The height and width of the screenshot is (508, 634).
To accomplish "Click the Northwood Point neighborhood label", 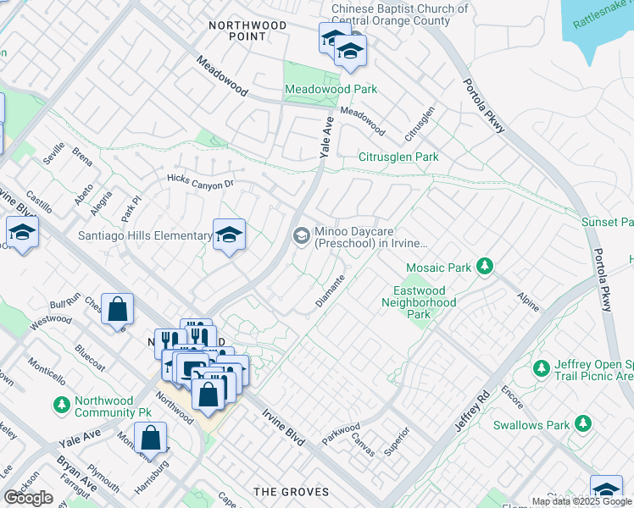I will click(x=247, y=30).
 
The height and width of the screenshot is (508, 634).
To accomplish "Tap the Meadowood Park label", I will click(x=331, y=89).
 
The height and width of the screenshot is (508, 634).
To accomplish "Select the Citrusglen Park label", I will click(x=398, y=157).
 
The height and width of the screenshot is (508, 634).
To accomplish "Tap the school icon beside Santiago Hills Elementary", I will click(x=228, y=235).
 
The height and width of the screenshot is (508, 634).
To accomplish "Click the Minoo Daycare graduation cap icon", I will click(x=301, y=236).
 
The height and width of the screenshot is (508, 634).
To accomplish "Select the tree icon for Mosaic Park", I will click(x=485, y=267).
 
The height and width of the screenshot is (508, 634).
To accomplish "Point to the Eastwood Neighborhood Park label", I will click(x=419, y=302).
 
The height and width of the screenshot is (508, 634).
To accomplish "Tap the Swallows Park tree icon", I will click(x=582, y=422).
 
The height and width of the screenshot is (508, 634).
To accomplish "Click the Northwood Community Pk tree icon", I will click(x=61, y=407).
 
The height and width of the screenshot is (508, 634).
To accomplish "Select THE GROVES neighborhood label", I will click(x=292, y=492).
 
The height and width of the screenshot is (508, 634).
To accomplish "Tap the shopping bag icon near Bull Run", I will click(x=120, y=310).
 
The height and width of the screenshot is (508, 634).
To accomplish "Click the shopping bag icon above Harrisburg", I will click(x=150, y=438).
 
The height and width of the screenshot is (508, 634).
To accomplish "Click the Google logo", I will click(x=29, y=498).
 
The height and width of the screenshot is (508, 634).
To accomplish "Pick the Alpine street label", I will click(x=527, y=301).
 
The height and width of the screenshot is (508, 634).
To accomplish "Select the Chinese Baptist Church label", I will click(x=399, y=15).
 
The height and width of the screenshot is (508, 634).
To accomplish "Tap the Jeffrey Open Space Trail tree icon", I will click(x=541, y=368).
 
